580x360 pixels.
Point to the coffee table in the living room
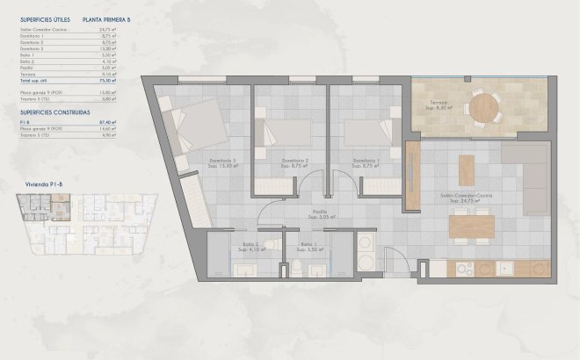pos(467,169)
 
